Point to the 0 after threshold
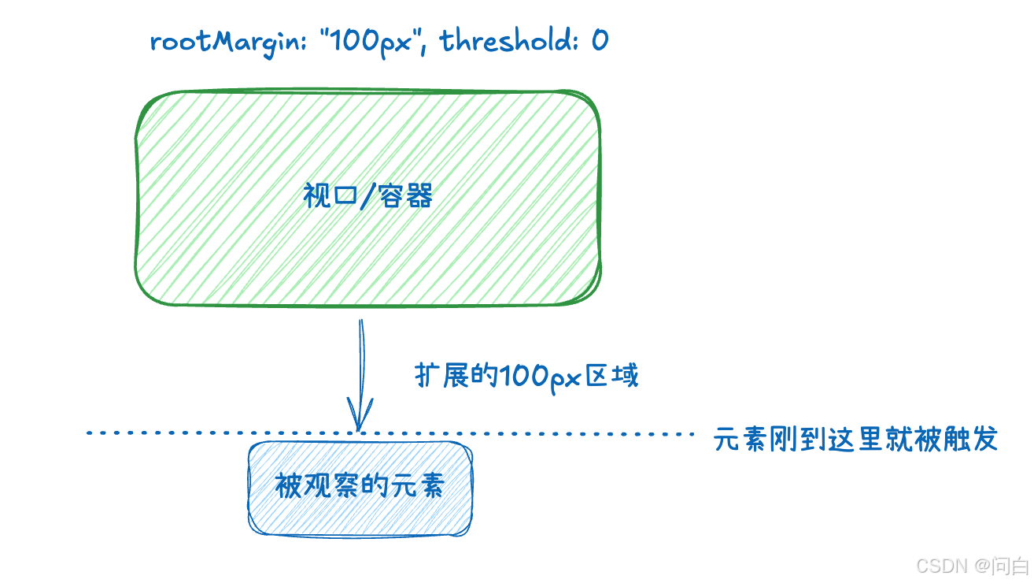click(600, 40)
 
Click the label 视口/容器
click(368, 196)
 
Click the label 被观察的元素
click(360, 485)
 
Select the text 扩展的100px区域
click(526, 376)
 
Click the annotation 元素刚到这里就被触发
click(855, 440)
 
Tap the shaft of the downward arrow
click(361, 362)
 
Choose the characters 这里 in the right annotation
click(855, 440)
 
